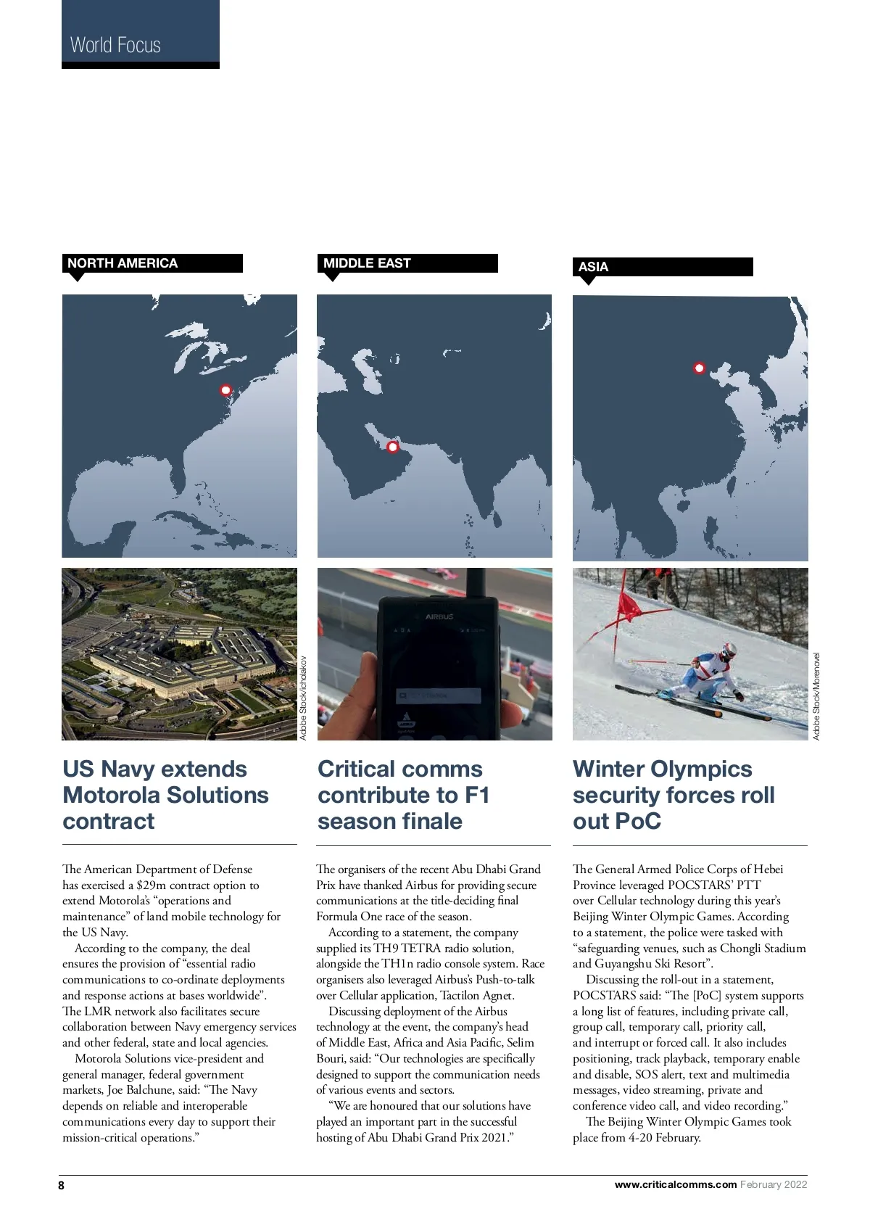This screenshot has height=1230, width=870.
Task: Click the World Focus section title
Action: (115, 45)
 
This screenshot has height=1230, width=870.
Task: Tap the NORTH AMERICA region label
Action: (123, 263)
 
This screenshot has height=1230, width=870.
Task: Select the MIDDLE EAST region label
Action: (367, 263)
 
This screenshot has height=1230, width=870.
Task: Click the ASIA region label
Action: (593, 267)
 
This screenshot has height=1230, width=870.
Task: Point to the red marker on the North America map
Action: (226, 390)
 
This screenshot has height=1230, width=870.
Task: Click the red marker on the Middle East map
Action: (393, 447)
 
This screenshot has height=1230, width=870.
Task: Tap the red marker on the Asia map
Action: (700, 368)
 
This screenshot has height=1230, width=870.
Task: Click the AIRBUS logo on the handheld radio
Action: (439, 616)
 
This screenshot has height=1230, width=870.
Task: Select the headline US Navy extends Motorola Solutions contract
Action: (165, 795)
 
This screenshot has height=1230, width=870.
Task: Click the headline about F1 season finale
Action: (404, 795)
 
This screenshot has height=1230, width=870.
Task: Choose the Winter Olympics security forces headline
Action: (674, 795)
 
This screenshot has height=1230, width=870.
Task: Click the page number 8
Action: (62, 1185)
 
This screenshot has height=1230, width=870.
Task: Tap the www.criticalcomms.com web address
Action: (676, 1184)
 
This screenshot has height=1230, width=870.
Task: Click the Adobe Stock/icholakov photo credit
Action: (304, 698)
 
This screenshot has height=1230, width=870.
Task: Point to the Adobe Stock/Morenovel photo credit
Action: (816, 696)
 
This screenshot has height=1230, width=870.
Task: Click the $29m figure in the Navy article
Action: (152, 885)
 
